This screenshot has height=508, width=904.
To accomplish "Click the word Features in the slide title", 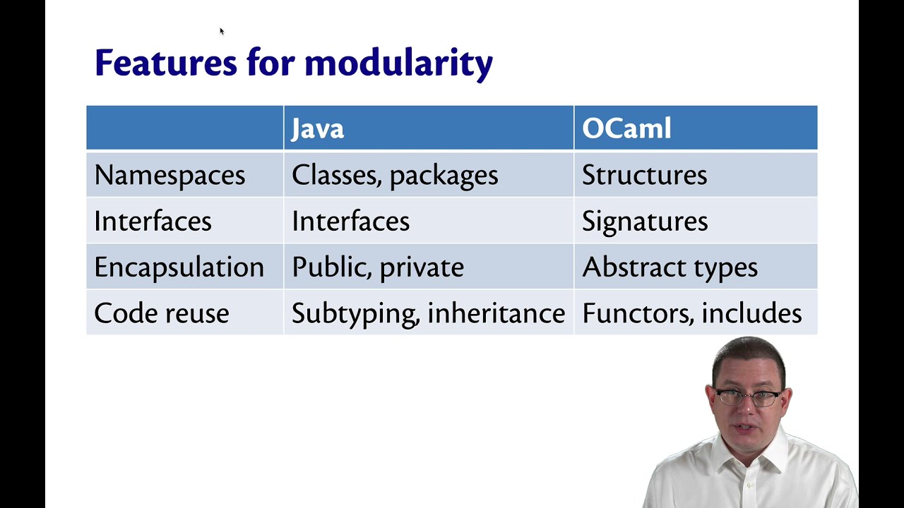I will (165, 63).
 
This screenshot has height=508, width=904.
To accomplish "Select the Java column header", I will (318, 128).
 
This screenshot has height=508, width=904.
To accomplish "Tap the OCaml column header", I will (626, 128).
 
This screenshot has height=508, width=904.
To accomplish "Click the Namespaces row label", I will (169, 175).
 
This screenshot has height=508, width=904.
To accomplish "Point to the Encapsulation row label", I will (179, 267).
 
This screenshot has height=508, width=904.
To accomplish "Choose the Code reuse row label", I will (162, 313).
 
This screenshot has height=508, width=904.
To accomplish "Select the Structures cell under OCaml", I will (644, 175).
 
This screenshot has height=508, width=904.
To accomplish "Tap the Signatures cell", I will (645, 222).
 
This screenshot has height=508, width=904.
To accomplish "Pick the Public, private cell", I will (378, 267).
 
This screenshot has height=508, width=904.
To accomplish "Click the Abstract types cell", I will (670, 267).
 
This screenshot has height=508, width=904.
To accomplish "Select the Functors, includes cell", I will (692, 313).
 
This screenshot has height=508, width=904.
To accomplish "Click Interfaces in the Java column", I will (350, 222).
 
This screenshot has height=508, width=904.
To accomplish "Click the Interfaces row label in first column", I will (153, 222).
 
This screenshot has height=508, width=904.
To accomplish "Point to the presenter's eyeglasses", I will (747, 397).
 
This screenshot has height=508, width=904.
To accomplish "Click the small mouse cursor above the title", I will (221, 31).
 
